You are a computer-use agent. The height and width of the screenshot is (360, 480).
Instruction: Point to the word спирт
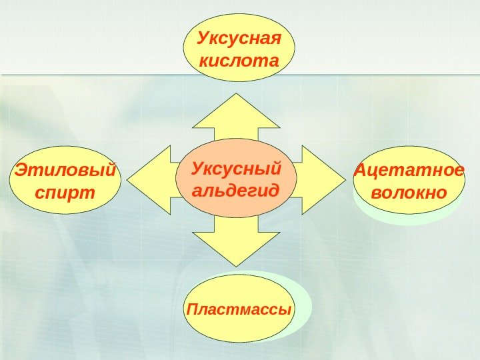tap(65, 193)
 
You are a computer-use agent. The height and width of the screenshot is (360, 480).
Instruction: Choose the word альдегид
tap(236, 190)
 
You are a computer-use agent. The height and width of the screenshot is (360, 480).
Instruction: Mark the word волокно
tap(408, 193)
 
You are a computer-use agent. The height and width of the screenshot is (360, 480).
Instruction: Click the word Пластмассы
tap(239, 310)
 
